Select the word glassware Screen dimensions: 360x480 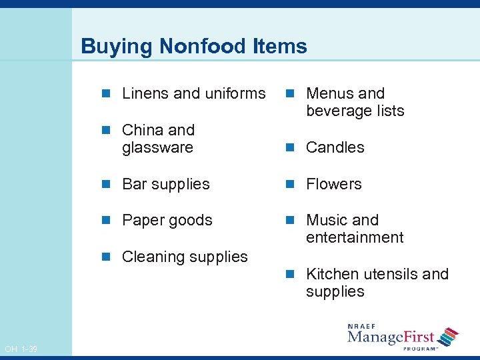[x=157, y=147]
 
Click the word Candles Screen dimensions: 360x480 [x=335, y=147]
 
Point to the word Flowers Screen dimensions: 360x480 [x=333, y=184]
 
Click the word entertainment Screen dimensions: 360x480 [x=355, y=237]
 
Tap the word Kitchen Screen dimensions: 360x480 [x=331, y=274]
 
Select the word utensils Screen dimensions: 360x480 [x=389, y=274]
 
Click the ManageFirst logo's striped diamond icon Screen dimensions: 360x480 [x=448, y=337]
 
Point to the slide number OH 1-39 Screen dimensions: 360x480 [x=21, y=349]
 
